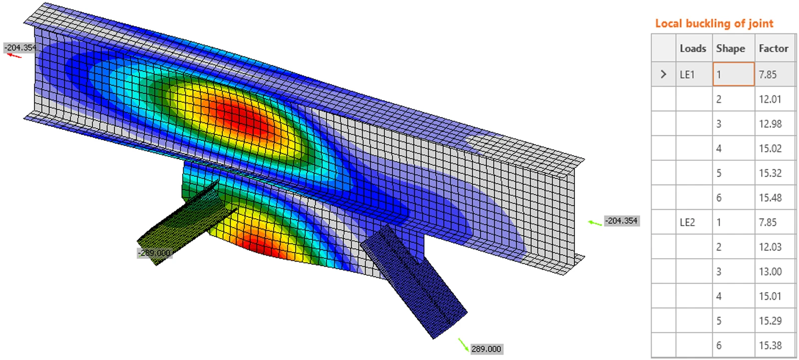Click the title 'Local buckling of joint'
(x=714, y=23)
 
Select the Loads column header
(x=693, y=48)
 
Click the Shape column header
(x=731, y=48)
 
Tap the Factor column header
(x=774, y=48)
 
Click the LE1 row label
(x=687, y=74)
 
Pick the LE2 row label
(x=687, y=223)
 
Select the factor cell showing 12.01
(x=770, y=99)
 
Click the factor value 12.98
(x=770, y=124)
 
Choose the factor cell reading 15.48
(x=770, y=198)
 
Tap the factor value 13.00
(x=770, y=272)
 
